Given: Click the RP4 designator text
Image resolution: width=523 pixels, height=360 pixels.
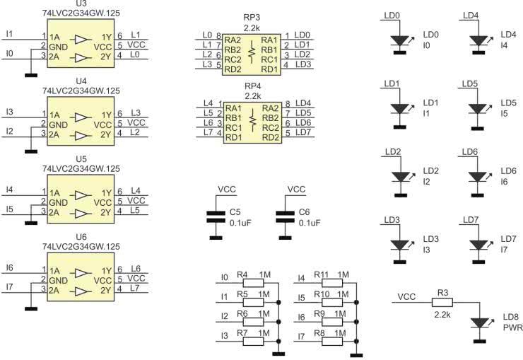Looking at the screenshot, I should click(252, 85).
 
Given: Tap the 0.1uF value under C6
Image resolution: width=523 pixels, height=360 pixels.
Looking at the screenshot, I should click(309, 222).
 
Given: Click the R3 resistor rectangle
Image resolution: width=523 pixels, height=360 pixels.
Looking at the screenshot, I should click(442, 302).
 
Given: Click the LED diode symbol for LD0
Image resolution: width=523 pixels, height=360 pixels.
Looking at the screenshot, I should click(400, 41).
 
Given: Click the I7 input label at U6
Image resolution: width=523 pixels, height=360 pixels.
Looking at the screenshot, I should click(9, 286).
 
